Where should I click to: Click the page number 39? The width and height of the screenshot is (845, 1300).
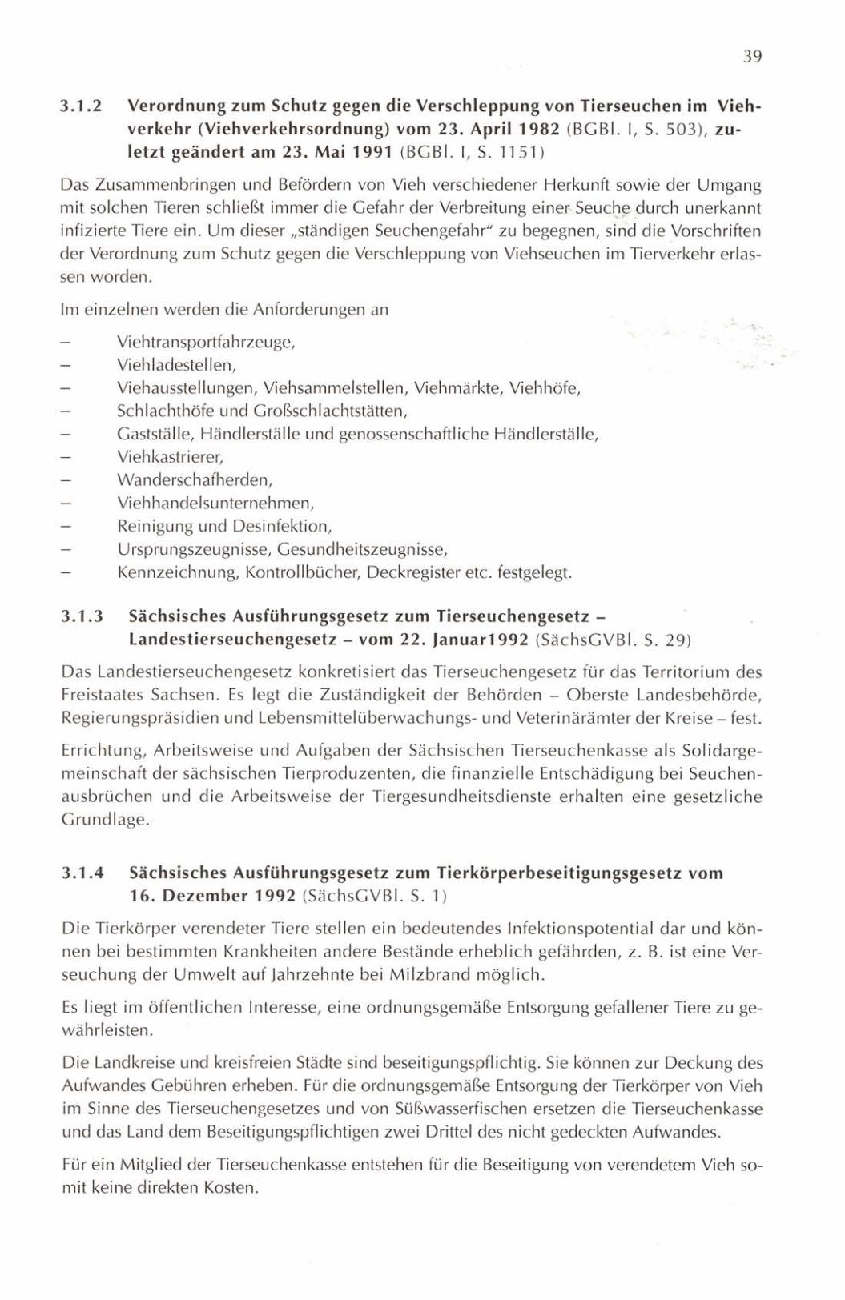click(752, 57)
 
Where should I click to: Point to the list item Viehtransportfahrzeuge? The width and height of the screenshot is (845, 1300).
click(206, 343)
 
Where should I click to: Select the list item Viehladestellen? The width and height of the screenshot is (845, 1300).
click(176, 366)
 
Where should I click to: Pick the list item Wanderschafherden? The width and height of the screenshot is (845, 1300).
click(194, 481)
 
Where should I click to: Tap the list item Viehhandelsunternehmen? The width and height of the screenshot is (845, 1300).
click(215, 504)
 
